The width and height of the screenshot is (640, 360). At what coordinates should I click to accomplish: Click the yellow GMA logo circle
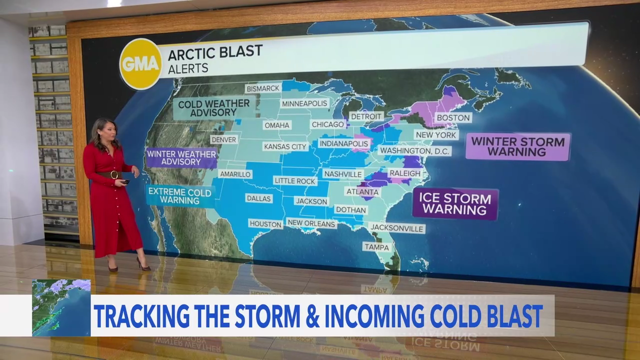click(140, 63)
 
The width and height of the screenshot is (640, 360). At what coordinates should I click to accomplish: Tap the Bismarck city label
click(262, 88)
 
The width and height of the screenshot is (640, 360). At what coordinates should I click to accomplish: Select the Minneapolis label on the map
click(304, 103)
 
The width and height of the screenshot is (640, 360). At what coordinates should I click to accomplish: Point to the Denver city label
click(224, 139)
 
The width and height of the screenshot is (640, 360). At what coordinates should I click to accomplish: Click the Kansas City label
click(285, 146)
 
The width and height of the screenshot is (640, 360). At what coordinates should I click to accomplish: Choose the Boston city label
click(453, 117)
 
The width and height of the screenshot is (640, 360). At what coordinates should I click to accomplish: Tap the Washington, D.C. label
click(414, 150)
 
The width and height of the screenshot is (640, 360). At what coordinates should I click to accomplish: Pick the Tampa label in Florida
click(377, 247)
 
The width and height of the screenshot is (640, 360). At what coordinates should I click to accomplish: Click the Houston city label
click(265, 224)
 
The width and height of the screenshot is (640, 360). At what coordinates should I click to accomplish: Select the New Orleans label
click(311, 223)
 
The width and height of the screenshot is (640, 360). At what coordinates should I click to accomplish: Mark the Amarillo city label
click(235, 174)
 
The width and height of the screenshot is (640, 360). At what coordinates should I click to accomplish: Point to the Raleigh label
click(404, 173)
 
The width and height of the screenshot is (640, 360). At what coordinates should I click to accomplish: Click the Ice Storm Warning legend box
click(455, 203)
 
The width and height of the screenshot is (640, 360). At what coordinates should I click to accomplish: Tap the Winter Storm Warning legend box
click(517, 146)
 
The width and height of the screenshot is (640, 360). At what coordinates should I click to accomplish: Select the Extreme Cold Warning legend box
click(180, 196)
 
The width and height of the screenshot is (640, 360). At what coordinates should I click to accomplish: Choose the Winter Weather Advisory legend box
click(181, 158)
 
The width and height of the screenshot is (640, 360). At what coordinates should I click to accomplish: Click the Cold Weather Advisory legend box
click(214, 108)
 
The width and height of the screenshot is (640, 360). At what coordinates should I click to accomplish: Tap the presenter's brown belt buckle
click(114, 174)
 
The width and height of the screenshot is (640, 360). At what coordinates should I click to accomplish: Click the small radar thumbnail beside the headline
click(61, 307)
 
